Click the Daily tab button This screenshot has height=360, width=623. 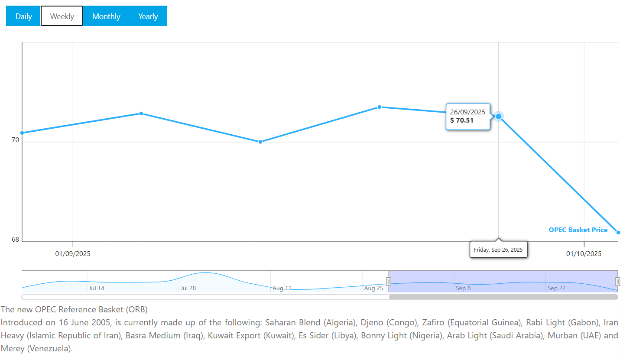click(x=24, y=16)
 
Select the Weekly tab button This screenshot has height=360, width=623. click(x=62, y=16)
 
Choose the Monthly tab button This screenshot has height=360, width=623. click(x=106, y=16)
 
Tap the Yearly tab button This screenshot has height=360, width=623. click(x=148, y=16)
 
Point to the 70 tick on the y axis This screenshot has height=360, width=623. click(x=15, y=140)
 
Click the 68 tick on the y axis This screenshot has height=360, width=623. click(x=15, y=240)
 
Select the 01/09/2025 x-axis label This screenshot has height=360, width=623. click(x=73, y=254)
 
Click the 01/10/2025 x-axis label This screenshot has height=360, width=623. click(x=584, y=254)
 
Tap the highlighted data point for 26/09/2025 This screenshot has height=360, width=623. click(x=499, y=116)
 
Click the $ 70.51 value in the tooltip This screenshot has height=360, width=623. click(x=462, y=120)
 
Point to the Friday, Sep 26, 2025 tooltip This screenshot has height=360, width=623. click(x=498, y=250)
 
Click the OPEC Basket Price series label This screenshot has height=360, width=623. click(x=578, y=230)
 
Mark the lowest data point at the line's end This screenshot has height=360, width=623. click(x=618, y=233)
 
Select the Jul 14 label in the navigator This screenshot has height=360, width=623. click(x=97, y=288)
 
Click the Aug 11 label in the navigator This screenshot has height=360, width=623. click(x=282, y=288)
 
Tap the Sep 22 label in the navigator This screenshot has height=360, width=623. click(x=556, y=288)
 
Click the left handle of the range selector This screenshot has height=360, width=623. click(x=389, y=282)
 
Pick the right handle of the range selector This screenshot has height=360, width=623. click(x=618, y=282)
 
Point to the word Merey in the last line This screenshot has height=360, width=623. click(x=13, y=348)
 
